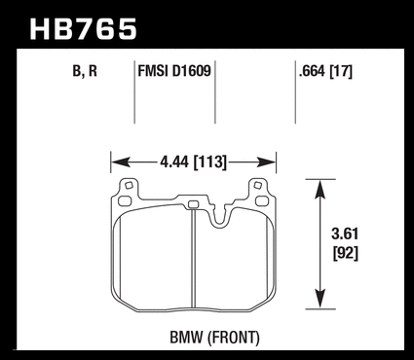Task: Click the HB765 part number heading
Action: point(83,29)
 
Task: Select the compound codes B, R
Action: point(85,71)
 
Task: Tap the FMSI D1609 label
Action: point(174,71)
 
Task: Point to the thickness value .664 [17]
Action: point(325,71)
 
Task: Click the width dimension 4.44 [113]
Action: point(193,162)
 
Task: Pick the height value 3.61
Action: point(345,234)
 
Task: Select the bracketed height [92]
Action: point(346,253)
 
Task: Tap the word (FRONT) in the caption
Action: point(234,338)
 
